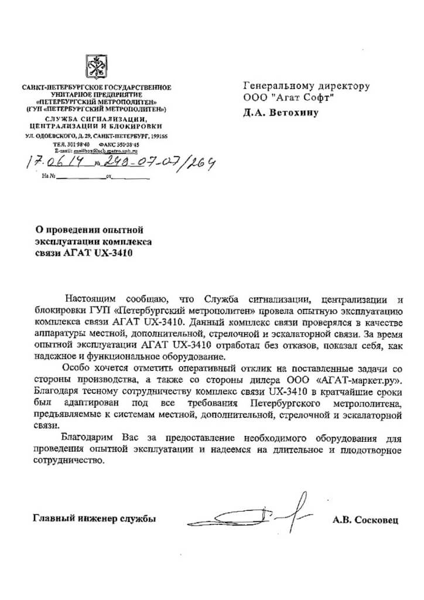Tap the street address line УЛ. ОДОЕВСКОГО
[96, 136]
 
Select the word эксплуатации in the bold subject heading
[69, 241]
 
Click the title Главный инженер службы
[94, 519]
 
